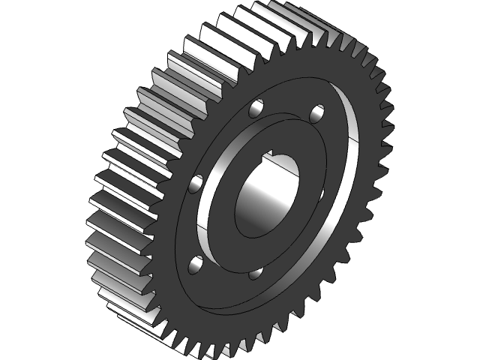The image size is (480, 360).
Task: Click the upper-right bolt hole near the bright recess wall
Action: click(x=317, y=114)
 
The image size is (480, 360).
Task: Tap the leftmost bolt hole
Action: click(x=198, y=183)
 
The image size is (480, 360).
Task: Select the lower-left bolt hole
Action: click(x=196, y=264)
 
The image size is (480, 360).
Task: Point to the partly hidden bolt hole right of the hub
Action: click(x=321, y=196)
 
